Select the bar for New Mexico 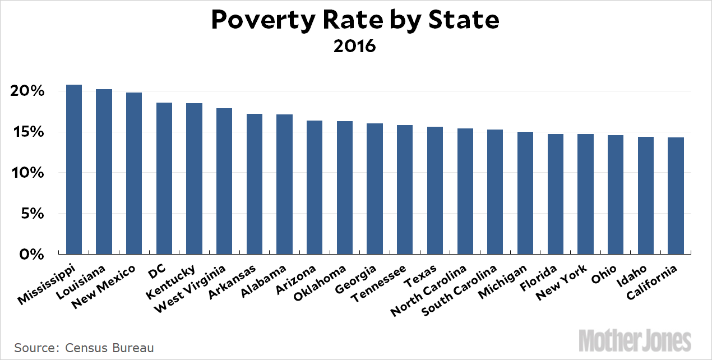pyautogui.click(x=134, y=173)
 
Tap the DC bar pyautogui.click(x=164, y=178)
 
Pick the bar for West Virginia pyautogui.click(x=224, y=181)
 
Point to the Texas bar pyautogui.click(x=435, y=191)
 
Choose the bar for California pyautogui.click(x=676, y=196)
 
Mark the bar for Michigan pyautogui.click(x=525, y=193)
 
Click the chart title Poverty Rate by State pyautogui.click(x=355, y=21)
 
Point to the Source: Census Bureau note pyautogui.click(x=84, y=348)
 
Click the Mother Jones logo pyautogui.click(x=635, y=340)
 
